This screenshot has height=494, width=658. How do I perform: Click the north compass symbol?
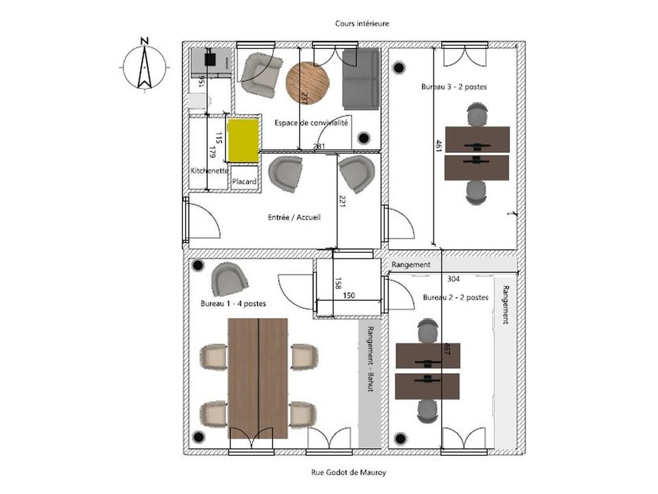click(144, 66)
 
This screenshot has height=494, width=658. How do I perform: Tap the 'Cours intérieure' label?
click(362, 23)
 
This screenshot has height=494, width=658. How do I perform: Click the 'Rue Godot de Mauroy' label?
click(348, 472)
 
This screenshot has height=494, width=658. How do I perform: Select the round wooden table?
click(307, 83)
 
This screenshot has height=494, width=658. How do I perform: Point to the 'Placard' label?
click(244, 182)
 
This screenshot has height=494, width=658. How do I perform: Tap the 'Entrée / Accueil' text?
click(294, 217)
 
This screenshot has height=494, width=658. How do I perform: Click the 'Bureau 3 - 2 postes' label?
click(453, 87)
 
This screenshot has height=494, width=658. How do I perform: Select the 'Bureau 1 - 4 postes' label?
click(233, 304)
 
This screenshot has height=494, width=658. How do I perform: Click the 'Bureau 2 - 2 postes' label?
click(455, 297)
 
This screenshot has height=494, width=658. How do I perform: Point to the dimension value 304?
click(453, 279)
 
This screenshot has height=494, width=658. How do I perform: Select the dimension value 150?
click(349, 295)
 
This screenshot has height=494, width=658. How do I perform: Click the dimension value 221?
click(342, 201)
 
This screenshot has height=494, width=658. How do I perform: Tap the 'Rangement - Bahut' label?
click(369, 359)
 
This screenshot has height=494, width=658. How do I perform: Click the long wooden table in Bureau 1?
click(258, 378)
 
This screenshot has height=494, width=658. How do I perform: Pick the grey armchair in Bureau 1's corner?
click(229, 279)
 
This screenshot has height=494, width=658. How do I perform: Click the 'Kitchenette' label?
click(209, 170)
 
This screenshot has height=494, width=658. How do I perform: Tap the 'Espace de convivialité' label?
click(311, 123)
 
